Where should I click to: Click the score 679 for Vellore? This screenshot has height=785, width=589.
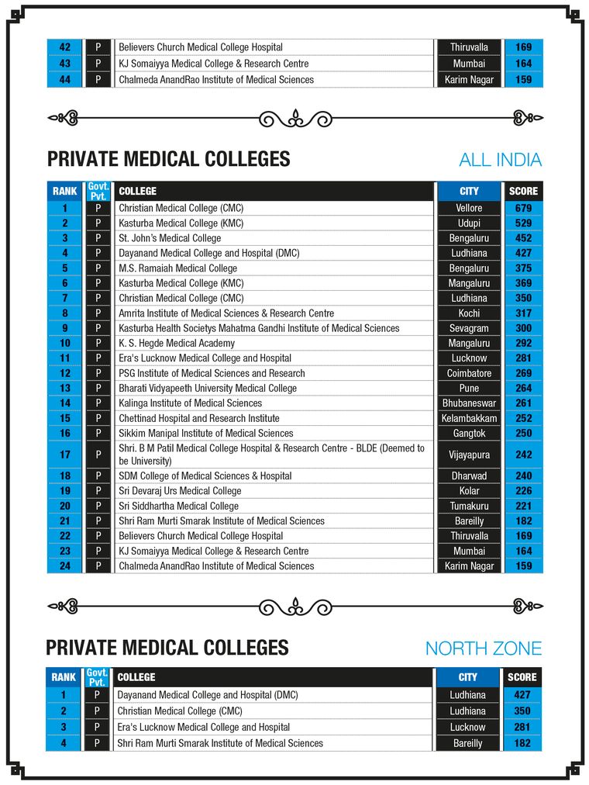[x=523, y=208]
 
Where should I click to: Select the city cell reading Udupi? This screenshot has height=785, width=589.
[x=469, y=223]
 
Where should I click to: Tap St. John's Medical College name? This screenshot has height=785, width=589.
[x=170, y=238]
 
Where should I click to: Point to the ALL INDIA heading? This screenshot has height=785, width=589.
[x=500, y=161]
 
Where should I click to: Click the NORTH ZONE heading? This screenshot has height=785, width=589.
[x=483, y=648]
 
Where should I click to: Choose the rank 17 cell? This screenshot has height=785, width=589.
[x=65, y=454]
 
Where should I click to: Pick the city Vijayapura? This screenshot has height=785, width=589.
[x=469, y=454]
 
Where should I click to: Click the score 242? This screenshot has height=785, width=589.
[x=523, y=454]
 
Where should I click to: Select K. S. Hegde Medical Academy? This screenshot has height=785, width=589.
[x=177, y=343]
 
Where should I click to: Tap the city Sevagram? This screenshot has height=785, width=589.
[x=469, y=328]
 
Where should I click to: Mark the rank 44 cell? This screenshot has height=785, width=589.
[x=65, y=80]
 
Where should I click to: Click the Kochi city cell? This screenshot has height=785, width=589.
[x=469, y=313]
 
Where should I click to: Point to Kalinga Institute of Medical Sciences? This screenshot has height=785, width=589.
[x=191, y=403]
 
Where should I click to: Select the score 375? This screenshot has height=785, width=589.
[x=523, y=268]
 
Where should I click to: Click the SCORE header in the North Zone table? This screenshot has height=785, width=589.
[x=522, y=677]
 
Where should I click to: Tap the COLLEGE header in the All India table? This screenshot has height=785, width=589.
[x=137, y=191]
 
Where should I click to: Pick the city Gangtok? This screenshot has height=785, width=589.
[x=469, y=433]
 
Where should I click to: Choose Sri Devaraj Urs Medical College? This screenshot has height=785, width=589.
[x=180, y=491]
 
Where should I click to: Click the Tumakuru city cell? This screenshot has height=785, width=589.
[x=469, y=506]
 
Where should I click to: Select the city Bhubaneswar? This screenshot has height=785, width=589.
[x=469, y=403]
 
